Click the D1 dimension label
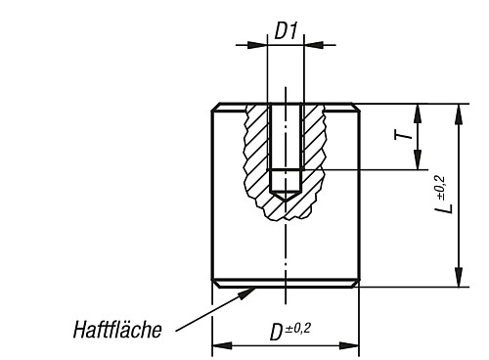point(286,30)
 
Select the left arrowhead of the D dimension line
point(219,345)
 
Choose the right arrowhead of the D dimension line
point(353,345)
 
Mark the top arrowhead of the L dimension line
point(458,109)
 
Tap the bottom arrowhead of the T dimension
point(418,164)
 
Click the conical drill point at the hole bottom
point(286,195)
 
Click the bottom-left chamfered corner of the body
point(215,284)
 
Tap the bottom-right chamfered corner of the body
point(357,284)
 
